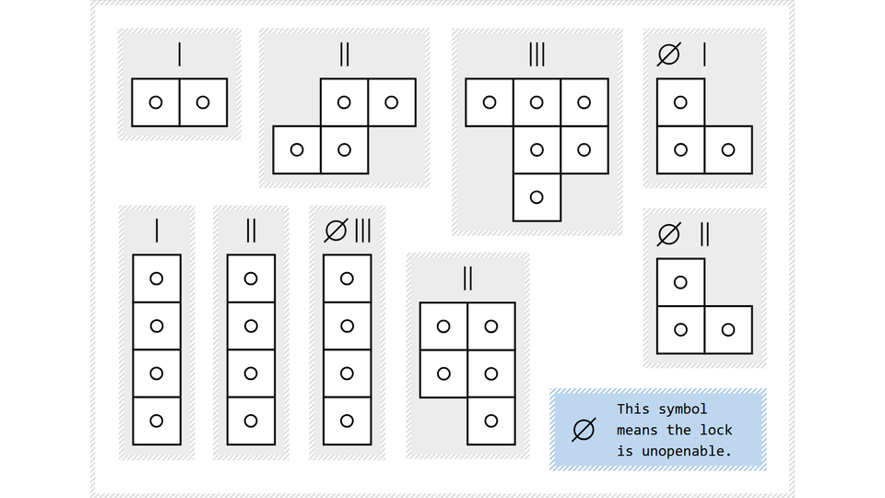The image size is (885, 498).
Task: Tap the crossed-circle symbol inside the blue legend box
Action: click(583, 430)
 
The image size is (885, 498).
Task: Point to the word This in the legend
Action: click(634, 409)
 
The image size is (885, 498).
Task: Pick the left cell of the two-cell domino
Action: click(156, 102)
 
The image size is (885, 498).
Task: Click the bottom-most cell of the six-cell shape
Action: click(537, 197)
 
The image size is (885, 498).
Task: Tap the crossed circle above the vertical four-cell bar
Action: click(336, 231)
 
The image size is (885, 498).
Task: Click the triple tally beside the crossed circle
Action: click(362, 231)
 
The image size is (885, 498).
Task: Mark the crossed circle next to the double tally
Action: click(668, 234)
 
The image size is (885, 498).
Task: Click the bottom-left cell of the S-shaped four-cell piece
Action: click(297, 149)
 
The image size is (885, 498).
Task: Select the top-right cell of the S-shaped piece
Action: click(392, 102)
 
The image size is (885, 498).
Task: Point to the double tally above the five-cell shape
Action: click(467, 278)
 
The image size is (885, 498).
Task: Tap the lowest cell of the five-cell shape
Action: click(491, 421)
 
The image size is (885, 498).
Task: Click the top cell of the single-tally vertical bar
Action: click(157, 278)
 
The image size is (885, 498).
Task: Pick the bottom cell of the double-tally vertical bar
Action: click(252, 421)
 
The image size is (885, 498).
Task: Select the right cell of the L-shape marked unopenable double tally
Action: click(728, 329)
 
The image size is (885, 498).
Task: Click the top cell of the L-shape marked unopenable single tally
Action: click(680, 102)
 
